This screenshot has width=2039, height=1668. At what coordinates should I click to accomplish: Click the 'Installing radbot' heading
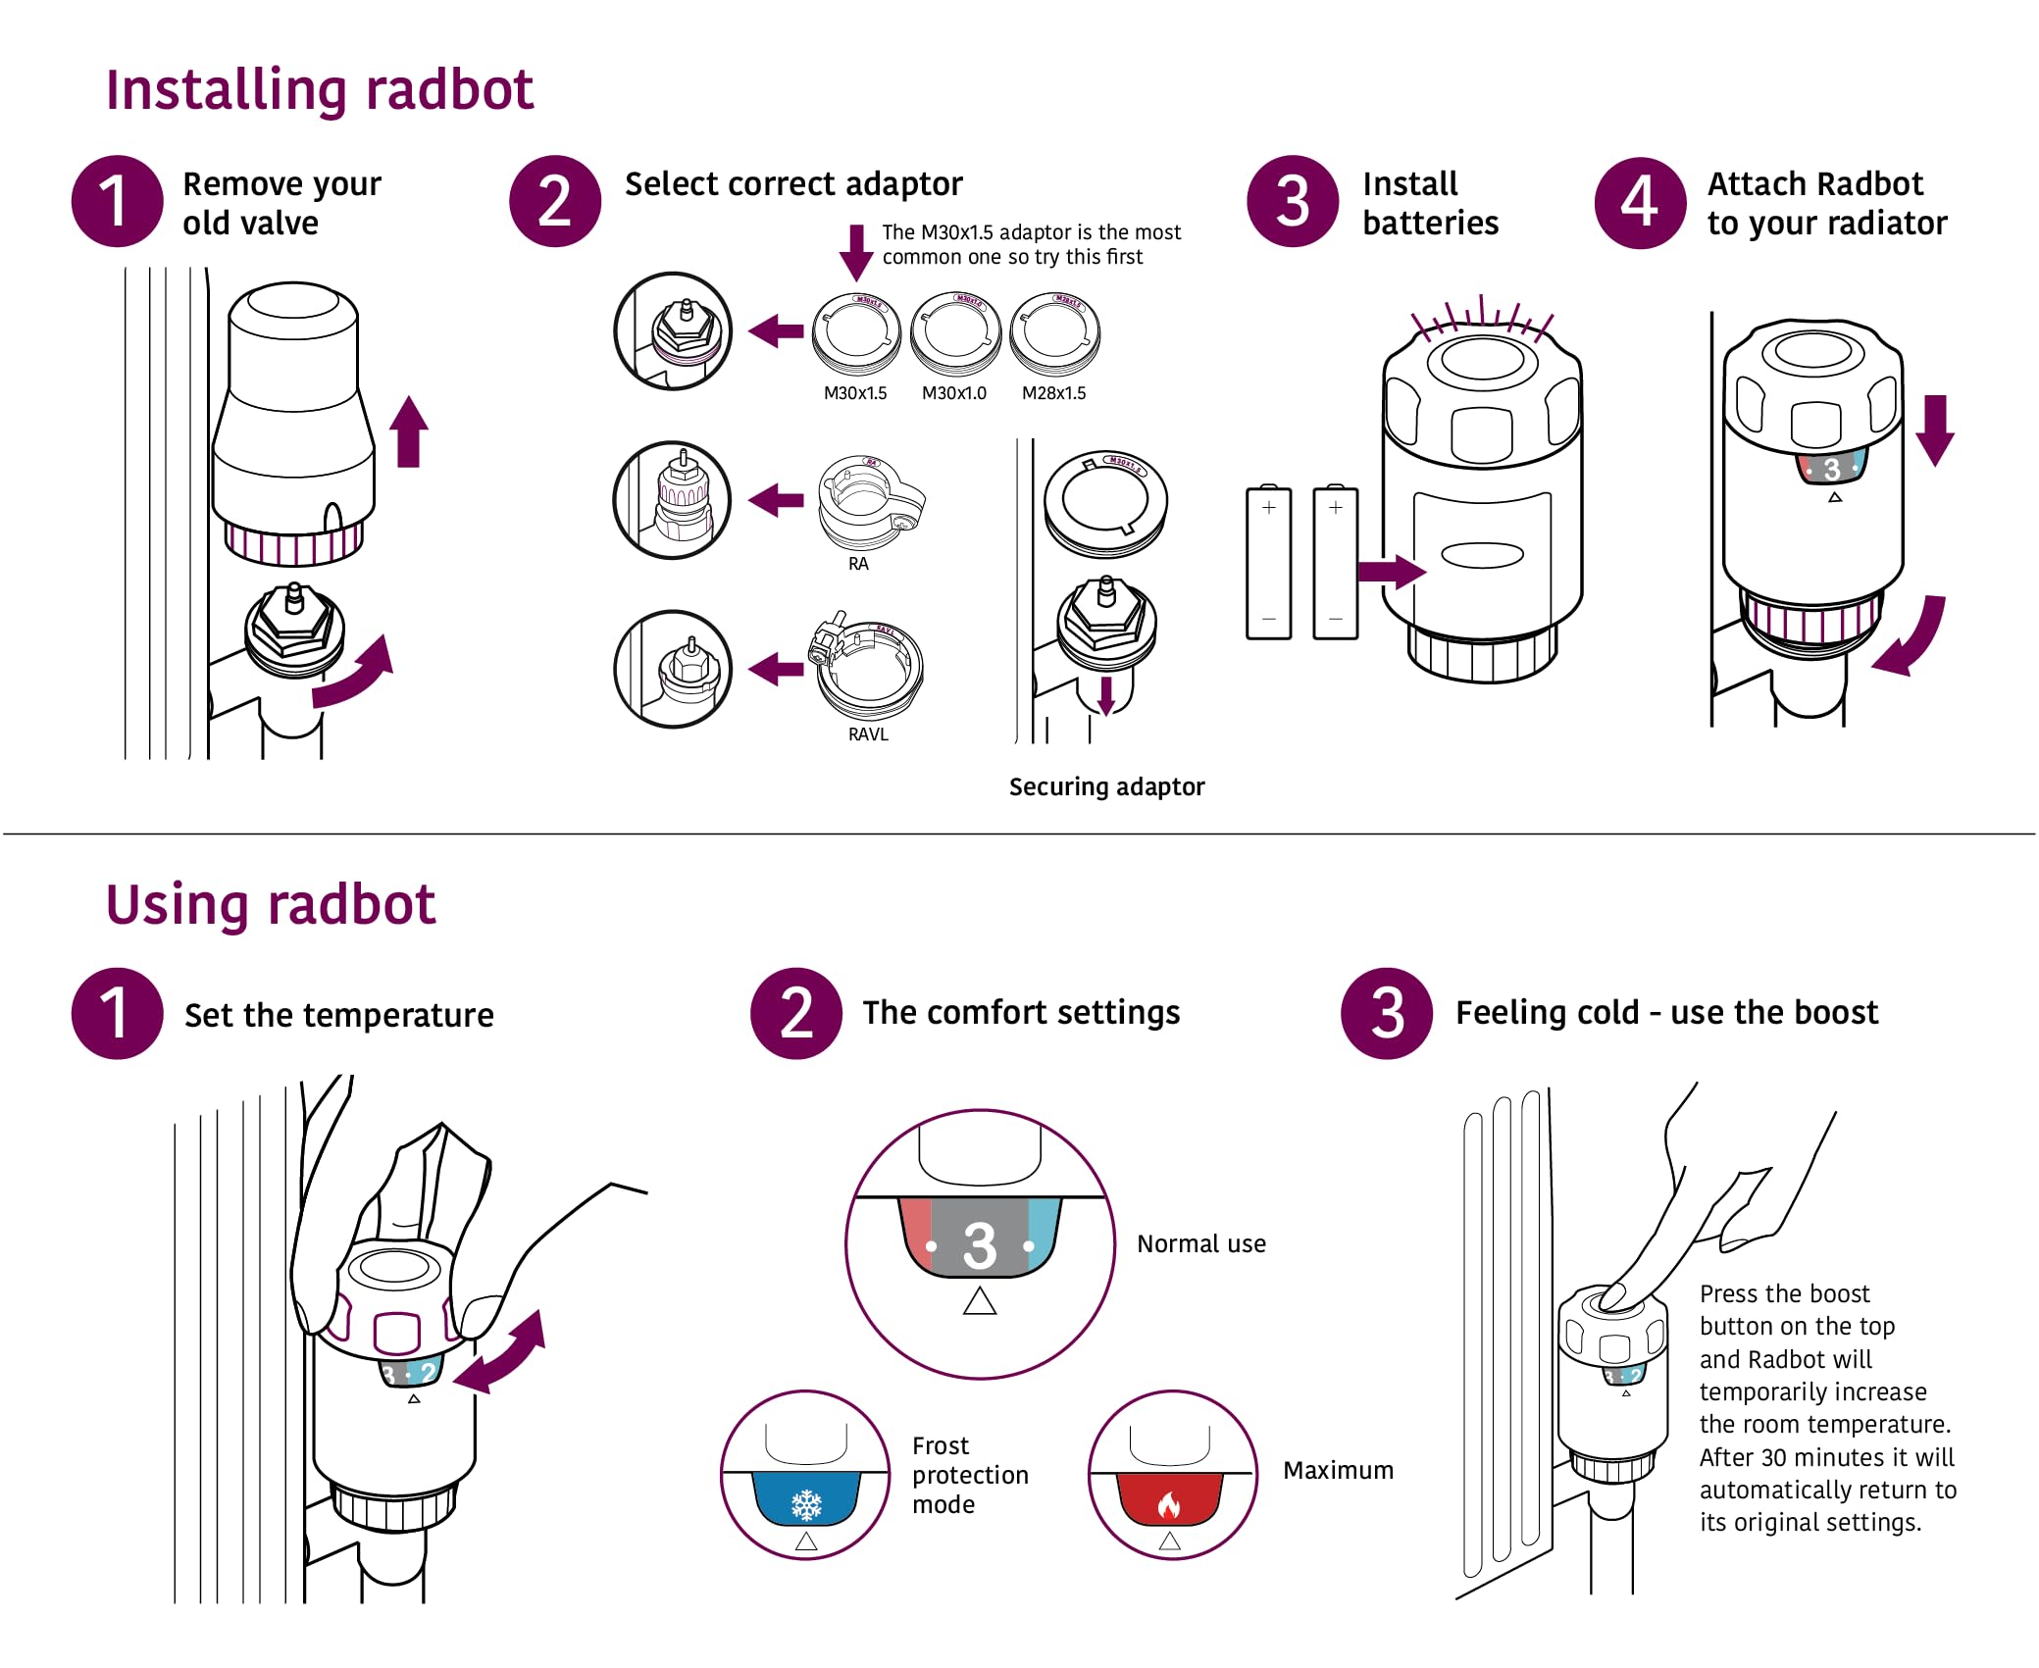319,90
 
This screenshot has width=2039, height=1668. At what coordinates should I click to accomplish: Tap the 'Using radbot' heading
270,904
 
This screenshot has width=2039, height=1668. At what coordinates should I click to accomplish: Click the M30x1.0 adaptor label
953,393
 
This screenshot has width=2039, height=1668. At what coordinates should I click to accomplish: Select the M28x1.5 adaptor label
1053,393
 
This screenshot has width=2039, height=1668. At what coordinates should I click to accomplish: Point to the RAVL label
868,734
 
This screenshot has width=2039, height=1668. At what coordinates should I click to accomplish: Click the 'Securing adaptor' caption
1106,786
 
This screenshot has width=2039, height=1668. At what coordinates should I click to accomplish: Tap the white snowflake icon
806,1502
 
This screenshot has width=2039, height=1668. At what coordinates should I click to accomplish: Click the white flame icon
1168,1504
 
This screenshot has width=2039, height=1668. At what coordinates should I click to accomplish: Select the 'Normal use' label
1200,1243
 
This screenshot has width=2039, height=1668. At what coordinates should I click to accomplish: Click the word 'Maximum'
1338,1470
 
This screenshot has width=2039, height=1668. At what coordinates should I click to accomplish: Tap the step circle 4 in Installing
1639,203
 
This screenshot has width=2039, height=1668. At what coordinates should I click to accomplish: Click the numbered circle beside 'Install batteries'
1292,202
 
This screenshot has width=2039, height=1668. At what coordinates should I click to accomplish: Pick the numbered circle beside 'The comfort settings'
795,1013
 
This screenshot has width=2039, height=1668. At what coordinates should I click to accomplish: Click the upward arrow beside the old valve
409,431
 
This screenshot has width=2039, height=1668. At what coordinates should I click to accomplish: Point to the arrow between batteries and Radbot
1391,571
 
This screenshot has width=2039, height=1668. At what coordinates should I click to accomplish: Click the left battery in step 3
1268,563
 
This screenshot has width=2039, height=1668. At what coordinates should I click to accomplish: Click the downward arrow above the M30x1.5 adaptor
856,252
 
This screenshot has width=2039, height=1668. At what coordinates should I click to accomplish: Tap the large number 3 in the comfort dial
979,1245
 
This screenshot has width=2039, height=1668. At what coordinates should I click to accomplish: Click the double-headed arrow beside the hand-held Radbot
501,1352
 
